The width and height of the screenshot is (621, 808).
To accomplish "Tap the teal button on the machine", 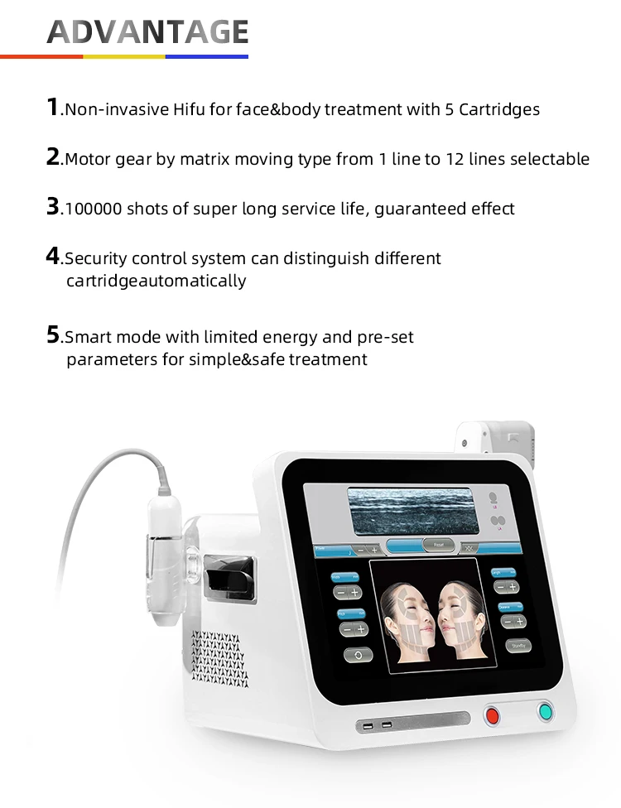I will click(545, 710).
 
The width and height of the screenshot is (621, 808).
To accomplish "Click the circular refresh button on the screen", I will click(358, 655).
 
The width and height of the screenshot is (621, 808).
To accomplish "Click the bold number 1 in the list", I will click(52, 108).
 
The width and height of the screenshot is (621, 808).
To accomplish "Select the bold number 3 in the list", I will click(52, 207).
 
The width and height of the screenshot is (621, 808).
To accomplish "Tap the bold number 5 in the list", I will click(53, 335).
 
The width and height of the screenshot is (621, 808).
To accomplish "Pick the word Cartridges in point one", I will click(498, 109).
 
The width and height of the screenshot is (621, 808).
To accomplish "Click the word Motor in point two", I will click(87, 159).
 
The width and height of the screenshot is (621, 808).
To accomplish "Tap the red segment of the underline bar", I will click(41, 56).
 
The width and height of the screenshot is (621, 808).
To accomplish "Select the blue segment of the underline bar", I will click(207, 56).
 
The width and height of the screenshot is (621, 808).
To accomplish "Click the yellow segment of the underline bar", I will click(124, 56).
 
